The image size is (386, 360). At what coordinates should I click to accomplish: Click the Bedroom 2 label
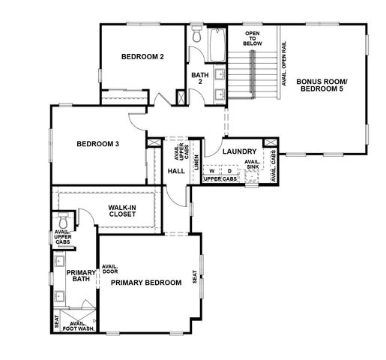click(x=142, y=56)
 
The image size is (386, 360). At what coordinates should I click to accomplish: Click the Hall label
click(x=176, y=171)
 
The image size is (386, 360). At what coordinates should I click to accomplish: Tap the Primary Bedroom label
click(x=146, y=283)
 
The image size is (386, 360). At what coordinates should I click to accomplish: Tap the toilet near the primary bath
click(x=63, y=222)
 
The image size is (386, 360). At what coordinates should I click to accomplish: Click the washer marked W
click(x=212, y=171)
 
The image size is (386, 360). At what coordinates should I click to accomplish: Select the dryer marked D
click(x=229, y=171)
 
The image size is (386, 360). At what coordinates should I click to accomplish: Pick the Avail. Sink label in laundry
click(x=253, y=164)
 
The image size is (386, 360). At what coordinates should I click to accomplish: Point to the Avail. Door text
click(x=111, y=269)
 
